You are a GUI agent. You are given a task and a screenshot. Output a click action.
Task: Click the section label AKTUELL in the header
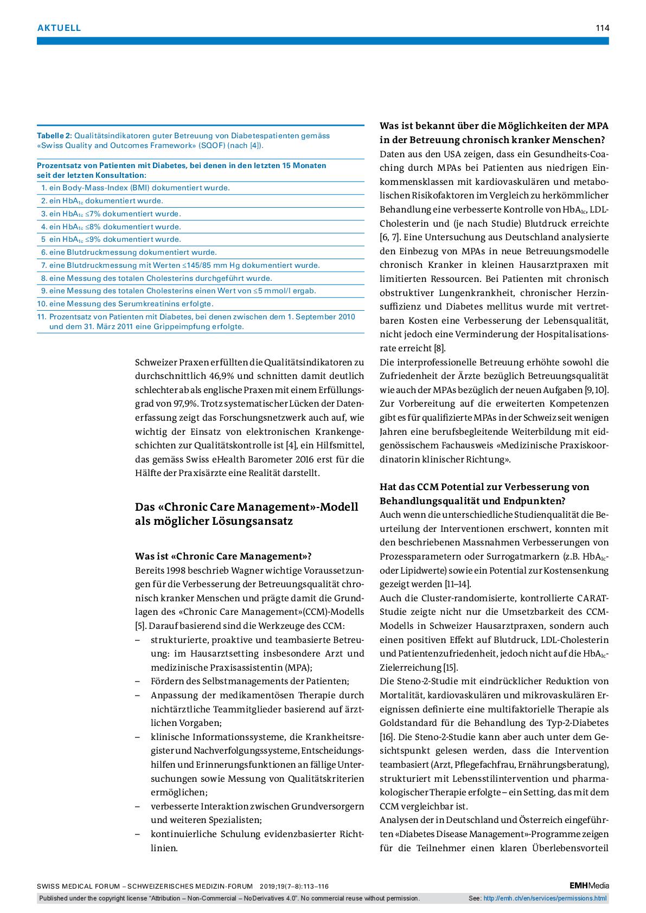pyautogui.click(x=59, y=28)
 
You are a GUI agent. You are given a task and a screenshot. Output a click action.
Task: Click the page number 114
pyautogui.click(x=602, y=28)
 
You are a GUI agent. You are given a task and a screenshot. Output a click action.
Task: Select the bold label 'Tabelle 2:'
pyautogui.click(x=54, y=136)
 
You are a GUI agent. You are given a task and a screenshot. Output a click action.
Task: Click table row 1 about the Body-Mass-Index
pyautogui.click(x=136, y=188)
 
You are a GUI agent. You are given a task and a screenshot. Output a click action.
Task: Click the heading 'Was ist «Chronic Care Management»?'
pyautogui.click(x=223, y=556)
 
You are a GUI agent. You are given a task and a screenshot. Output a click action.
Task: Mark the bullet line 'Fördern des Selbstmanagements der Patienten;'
pyautogui.click(x=250, y=681)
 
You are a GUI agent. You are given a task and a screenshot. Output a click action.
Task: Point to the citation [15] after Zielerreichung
pyautogui.click(x=451, y=667)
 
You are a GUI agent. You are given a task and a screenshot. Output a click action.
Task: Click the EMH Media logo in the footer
pyautogui.click(x=589, y=886)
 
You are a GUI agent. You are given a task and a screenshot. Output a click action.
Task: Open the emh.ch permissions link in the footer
pyautogui.click(x=545, y=898)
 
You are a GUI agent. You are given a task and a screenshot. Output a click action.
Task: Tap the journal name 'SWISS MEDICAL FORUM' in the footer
pyautogui.click(x=79, y=886)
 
